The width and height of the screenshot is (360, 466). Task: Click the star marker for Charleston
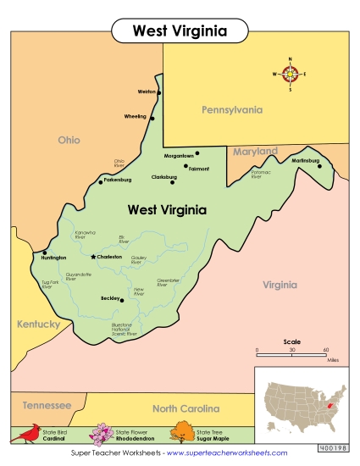[93, 256]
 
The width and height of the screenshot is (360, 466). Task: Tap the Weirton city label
[147, 92]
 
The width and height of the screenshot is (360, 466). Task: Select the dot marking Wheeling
[152, 118]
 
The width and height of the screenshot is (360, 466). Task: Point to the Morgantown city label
[178, 155]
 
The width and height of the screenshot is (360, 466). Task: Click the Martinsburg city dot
[319, 166]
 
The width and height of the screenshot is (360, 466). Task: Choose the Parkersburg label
[118, 180]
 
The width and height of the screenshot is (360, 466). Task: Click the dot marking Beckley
[122, 299]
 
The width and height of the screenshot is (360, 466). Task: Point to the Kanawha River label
[86, 235]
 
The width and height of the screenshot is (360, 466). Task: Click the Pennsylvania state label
[231, 110]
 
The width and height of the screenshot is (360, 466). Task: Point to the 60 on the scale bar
[325, 349]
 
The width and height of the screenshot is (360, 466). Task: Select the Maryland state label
[255, 152]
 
